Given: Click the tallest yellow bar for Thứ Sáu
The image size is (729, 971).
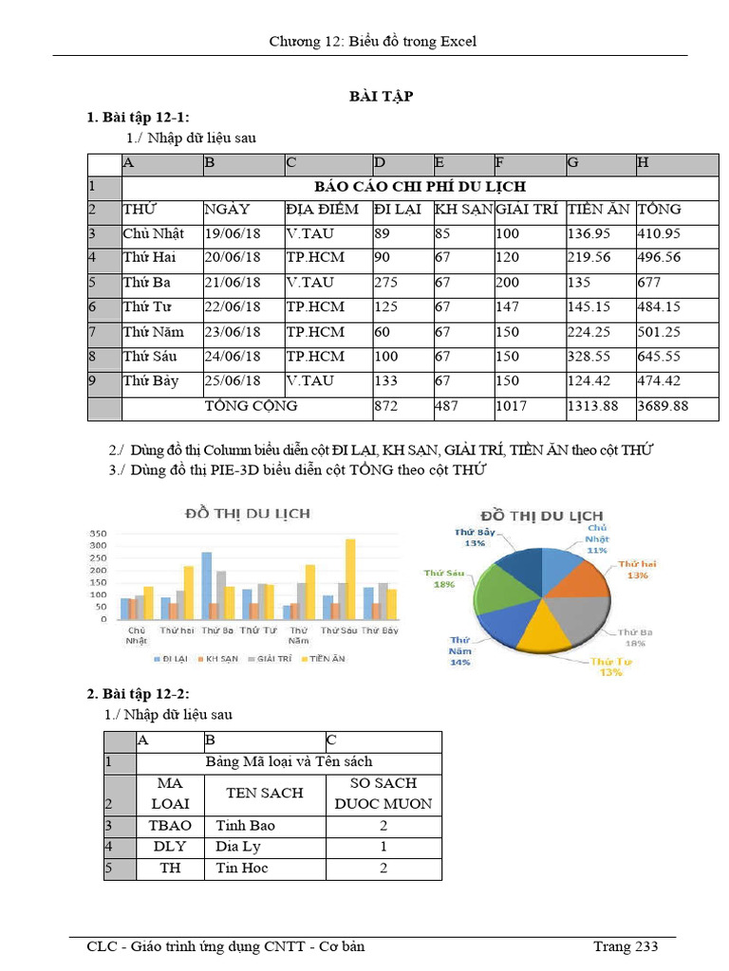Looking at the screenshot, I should (x=350, y=578).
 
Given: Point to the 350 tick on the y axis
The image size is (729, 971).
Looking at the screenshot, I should (x=99, y=534).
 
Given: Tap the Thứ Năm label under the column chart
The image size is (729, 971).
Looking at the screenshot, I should (x=299, y=634).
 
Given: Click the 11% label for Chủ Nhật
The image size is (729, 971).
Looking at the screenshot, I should (x=596, y=551).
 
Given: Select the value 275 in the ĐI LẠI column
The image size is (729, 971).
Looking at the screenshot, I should (x=384, y=283).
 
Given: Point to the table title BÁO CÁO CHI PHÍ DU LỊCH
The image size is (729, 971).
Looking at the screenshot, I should (x=420, y=187).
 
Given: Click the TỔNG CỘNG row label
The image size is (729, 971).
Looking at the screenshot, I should (x=252, y=406).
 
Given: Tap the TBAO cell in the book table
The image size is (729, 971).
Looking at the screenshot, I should (x=170, y=825).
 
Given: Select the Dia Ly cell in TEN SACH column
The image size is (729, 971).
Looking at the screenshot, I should (x=234, y=847).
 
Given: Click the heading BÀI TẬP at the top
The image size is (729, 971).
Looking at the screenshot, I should (x=382, y=97).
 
